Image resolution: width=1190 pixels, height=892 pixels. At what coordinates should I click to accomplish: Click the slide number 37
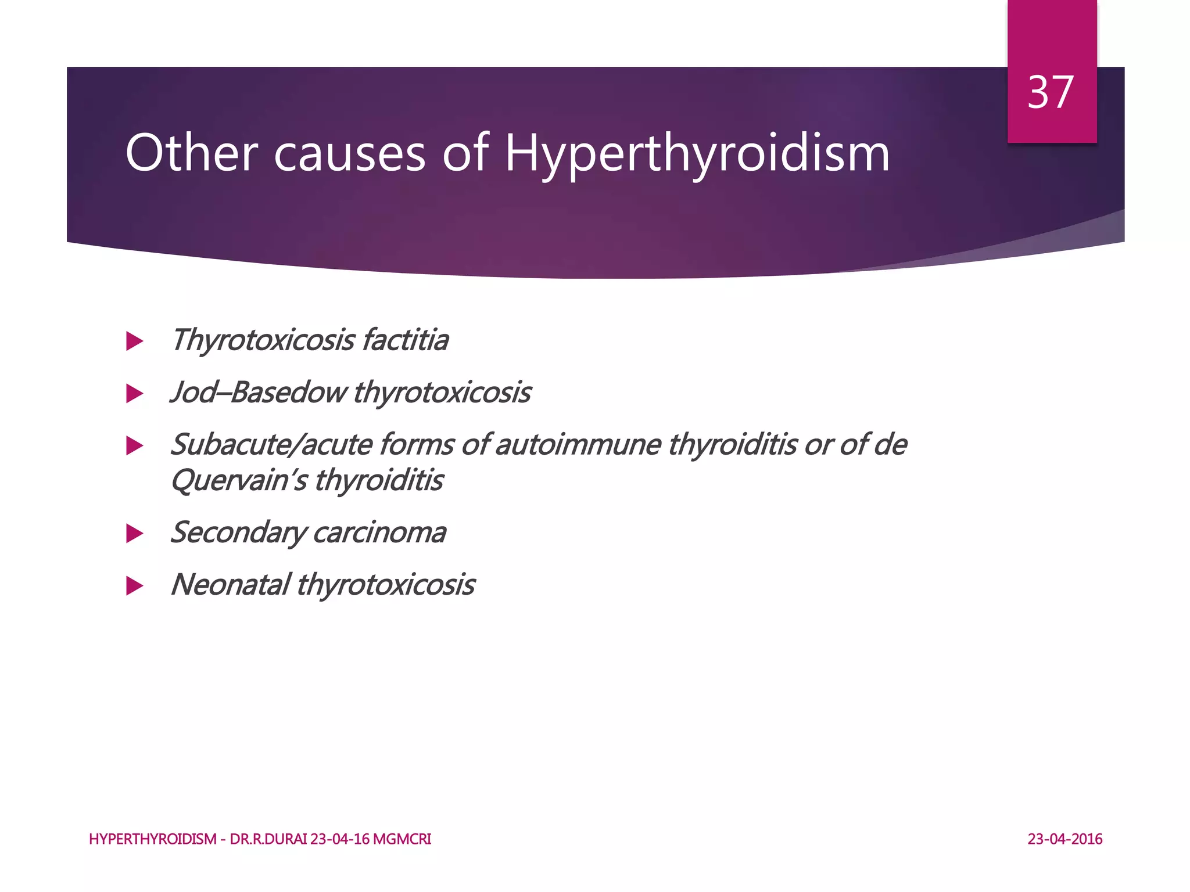click(1051, 92)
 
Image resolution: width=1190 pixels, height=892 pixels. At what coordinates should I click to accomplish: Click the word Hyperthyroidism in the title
click(697, 154)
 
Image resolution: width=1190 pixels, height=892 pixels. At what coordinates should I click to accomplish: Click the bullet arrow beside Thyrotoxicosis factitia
click(134, 341)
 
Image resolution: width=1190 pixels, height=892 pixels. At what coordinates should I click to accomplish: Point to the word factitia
click(405, 340)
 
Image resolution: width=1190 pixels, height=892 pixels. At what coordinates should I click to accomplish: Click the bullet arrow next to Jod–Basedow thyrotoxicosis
click(134, 394)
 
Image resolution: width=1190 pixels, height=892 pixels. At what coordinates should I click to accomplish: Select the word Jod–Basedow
click(258, 392)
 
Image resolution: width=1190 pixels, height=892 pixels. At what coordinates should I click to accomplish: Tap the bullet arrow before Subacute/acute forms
click(134, 446)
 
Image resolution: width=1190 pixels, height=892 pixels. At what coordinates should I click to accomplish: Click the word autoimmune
click(578, 445)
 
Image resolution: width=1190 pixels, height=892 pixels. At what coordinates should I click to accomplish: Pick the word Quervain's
click(238, 481)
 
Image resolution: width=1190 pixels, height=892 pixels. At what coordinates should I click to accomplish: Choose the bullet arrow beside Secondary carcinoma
click(134, 533)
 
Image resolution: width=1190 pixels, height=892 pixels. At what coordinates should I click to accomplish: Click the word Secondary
click(238, 533)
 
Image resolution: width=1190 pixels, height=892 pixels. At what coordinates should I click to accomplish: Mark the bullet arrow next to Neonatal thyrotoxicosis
click(134, 585)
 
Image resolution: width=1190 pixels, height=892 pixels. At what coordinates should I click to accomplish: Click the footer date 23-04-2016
click(1064, 839)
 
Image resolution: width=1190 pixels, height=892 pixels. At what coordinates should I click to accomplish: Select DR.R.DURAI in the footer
click(268, 839)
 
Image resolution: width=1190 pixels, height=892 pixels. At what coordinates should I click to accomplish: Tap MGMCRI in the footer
click(402, 839)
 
